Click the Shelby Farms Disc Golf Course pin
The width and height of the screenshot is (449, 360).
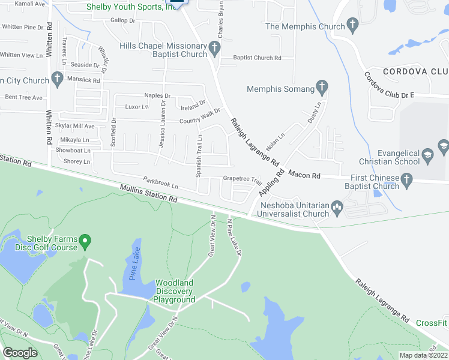point(85,242)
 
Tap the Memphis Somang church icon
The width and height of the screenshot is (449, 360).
point(322,89)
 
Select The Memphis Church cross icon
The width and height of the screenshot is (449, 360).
point(352,26)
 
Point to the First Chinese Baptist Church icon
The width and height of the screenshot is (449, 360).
point(406,179)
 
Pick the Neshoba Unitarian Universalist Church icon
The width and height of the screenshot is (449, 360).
point(336,209)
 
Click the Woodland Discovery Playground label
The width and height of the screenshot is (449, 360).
point(174,291)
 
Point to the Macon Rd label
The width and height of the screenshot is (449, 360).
point(304,175)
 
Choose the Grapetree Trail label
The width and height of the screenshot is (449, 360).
point(243,179)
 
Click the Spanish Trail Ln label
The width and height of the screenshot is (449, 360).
point(199,155)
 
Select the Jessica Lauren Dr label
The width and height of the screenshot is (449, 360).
point(162,124)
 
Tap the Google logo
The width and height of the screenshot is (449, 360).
point(20,353)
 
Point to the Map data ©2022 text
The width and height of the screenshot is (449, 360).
point(424,355)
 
